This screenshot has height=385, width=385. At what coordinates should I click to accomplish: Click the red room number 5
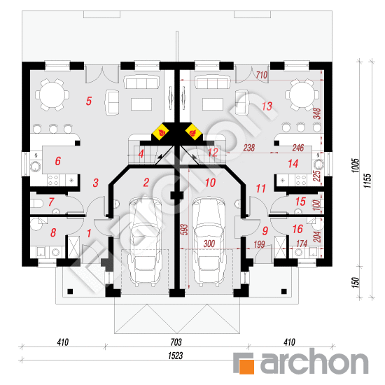coord(89,101)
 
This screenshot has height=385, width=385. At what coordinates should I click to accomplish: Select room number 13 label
coord(267,106)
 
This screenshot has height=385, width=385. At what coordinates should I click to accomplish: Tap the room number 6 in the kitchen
coord(57,161)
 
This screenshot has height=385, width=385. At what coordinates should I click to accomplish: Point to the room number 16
coord(297,229)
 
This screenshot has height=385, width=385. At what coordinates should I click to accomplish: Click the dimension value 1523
coord(175,356)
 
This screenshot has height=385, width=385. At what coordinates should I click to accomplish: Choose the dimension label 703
coord(176,342)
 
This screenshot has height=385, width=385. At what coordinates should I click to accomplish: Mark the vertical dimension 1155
coord(367,181)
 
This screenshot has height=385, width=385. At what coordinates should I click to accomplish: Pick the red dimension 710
coord(262,75)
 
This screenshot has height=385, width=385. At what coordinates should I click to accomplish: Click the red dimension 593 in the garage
coord(185,230)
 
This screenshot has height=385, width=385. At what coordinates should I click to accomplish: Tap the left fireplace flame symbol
coord(160,132)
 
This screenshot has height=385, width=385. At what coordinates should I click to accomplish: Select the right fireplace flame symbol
coord(194,132)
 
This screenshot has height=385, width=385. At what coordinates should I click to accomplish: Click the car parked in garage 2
coord(144,241)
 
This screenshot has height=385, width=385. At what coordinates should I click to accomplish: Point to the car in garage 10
coord(209,241)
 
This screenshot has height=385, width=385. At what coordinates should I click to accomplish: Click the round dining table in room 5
coord(52,94)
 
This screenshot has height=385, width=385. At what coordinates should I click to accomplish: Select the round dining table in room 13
coord(302,94)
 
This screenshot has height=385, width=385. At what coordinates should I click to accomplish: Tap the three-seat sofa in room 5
coord(141,82)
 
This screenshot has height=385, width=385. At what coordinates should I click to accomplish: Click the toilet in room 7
coord(36,204)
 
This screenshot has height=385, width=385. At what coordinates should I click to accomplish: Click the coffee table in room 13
coord(213,104)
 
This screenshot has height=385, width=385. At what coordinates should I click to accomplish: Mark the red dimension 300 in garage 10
coord(209,244)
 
